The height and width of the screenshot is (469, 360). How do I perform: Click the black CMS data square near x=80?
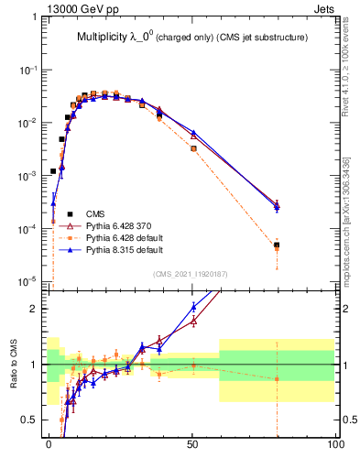pos(277,245)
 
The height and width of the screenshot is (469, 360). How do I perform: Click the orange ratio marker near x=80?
pos(277,378)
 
